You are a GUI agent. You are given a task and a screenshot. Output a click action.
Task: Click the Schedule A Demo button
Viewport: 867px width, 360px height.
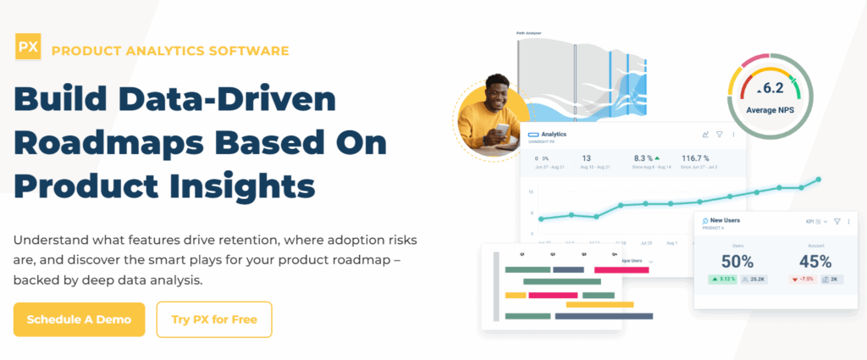(79, 319)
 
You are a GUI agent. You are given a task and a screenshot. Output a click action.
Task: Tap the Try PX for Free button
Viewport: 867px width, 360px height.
(214, 319)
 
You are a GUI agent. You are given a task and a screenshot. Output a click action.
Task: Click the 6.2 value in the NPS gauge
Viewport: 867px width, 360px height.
(771, 88)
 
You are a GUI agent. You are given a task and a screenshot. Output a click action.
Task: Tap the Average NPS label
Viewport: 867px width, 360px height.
(770, 110)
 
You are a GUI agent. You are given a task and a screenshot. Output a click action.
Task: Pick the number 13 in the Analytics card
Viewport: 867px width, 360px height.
(587, 158)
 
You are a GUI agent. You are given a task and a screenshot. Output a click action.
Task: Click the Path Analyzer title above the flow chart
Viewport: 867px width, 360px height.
(528, 34)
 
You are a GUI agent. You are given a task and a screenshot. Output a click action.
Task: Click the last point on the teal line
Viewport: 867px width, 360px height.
(818, 180)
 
